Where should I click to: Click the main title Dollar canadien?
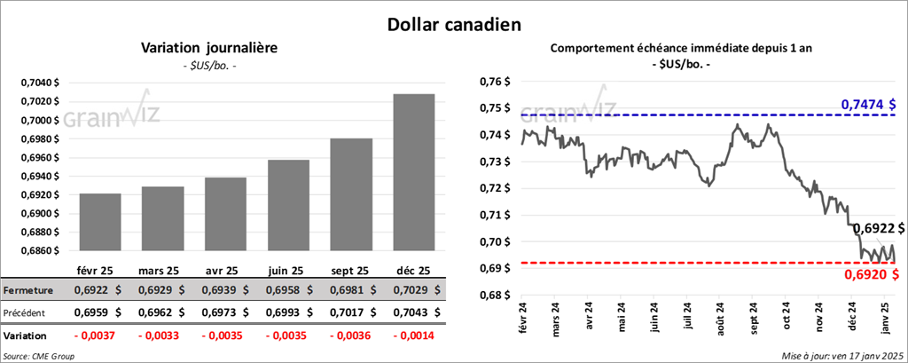[x=453, y=24]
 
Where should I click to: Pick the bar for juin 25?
[x=288, y=206]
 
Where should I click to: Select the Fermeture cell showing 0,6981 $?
[x=350, y=290]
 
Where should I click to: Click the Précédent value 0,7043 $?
[x=413, y=313]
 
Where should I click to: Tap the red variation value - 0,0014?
[x=413, y=337]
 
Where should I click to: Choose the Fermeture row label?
[x=27, y=290]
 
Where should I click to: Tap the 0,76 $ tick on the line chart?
[x=496, y=82]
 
